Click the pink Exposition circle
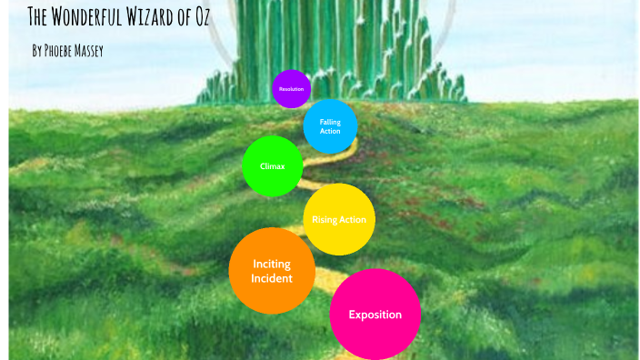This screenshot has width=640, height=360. [375, 315]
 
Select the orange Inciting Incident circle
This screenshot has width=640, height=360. [272, 271]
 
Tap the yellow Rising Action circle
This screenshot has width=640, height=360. [339, 219]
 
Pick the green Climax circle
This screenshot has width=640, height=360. [272, 166]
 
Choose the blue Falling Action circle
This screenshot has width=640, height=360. [330, 126]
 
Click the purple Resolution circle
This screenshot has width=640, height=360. [291, 88]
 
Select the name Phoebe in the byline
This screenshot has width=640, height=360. [61, 51]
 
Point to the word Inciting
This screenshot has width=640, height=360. [272, 264]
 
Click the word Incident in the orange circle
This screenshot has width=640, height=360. [272, 278]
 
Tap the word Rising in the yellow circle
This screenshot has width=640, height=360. [325, 220]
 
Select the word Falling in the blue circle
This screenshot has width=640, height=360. [330, 121]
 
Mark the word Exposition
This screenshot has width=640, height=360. [375, 315]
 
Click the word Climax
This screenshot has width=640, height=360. [272, 166]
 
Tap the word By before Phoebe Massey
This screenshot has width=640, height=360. [36, 51]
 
